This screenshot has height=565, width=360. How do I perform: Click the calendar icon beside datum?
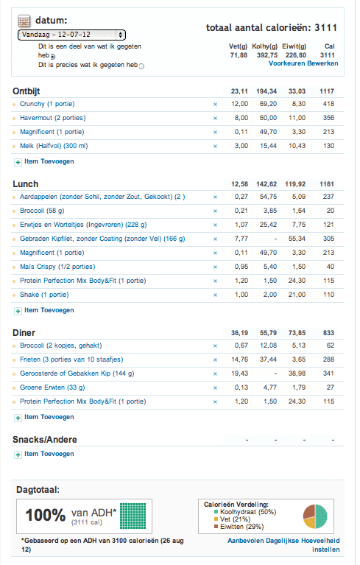pyautogui.click(x=23, y=21)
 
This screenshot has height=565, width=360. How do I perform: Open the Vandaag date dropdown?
pyautogui.click(x=71, y=35)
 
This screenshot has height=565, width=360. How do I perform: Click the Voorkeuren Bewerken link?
pyautogui.click(x=303, y=64)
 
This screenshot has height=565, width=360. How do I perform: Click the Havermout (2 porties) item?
pyautogui.click(x=51, y=118)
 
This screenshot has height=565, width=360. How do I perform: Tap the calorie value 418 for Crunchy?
pyautogui.click(x=328, y=105)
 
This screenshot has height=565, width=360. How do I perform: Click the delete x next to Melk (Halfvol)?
pyautogui.click(x=215, y=146)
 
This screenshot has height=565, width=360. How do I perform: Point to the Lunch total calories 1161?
pyautogui.click(x=327, y=184)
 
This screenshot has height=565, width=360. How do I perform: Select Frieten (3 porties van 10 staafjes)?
pyautogui.click(x=71, y=359)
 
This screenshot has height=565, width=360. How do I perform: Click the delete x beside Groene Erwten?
pyautogui.click(x=215, y=387)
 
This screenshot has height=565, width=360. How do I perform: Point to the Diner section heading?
pyautogui.click(x=24, y=333)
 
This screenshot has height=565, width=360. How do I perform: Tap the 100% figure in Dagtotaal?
pyautogui.click(x=46, y=516)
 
